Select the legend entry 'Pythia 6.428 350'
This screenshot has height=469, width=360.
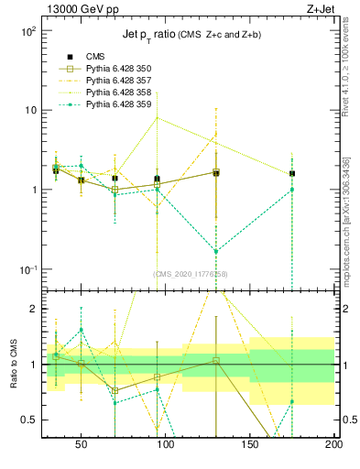118,69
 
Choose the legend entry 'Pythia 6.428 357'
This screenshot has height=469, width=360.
118,81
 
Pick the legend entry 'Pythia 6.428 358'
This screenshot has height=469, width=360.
118,93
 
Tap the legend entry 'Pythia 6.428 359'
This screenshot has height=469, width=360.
118,104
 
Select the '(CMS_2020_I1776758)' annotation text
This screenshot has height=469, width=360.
191,274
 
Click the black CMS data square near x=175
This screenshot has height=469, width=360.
292,173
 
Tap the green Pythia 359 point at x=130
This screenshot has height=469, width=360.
216,251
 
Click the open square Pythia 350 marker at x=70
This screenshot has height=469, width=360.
115,190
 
